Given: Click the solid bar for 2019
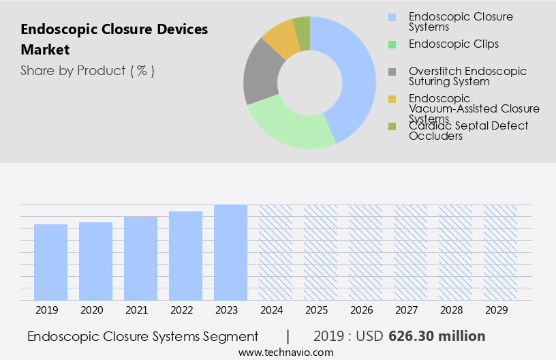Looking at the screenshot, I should pyautogui.click(x=51, y=262).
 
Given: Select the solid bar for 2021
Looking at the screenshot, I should pyautogui.click(x=141, y=258).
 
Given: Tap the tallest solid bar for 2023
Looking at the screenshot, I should pyautogui.click(x=230, y=252).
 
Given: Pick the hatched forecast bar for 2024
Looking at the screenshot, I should pyautogui.click(x=275, y=252).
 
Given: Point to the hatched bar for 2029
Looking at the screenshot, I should pyautogui.click(x=500, y=252).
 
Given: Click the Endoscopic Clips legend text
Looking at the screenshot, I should pyautogui.click(x=453, y=44).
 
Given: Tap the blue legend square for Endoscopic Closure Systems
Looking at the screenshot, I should pyautogui.click(x=392, y=17).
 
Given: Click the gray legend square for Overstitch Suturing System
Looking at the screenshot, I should pyautogui.click(x=392, y=72).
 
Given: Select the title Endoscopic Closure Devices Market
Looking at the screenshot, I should pyautogui.click(x=114, y=40).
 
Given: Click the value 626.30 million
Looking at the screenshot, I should pyautogui.click(x=437, y=336).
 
